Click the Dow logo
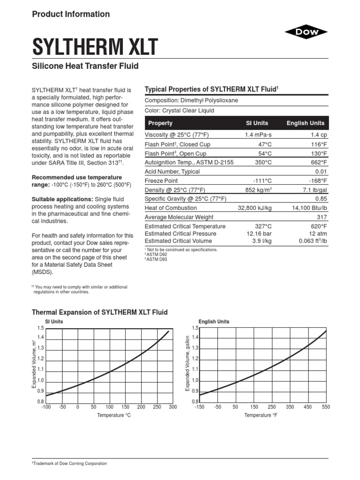pyautogui.click(x=307, y=32)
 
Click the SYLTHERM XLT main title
pyautogui.click(x=94, y=47)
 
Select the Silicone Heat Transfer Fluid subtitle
pyautogui.click(x=85, y=66)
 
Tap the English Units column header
pyautogui.click(x=305, y=123)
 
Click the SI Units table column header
pyautogui.click(x=257, y=123)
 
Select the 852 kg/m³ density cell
pyautogui.click(x=257, y=190)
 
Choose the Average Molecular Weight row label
pyautogui.click(x=179, y=217)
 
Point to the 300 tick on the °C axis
pyautogui.click(x=172, y=407)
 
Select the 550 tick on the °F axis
pyautogui.click(x=326, y=407)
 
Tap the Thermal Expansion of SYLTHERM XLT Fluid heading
pyautogui.click(x=99, y=312)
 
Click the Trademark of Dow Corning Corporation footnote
pyautogui.click(x=69, y=464)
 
